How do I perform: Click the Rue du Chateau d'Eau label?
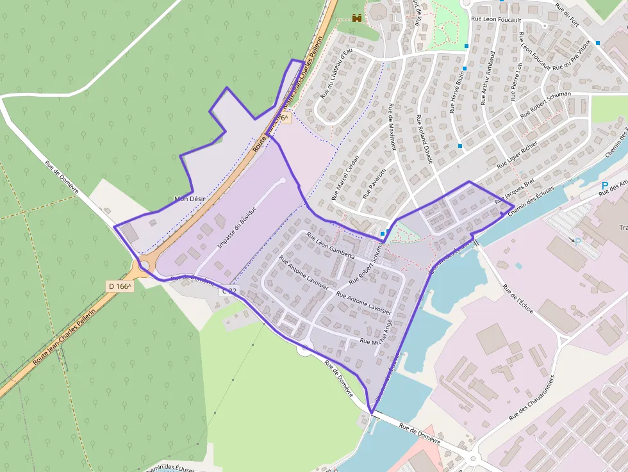point(337,72)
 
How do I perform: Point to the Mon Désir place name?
point(190,199)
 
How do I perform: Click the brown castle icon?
point(357,19)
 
